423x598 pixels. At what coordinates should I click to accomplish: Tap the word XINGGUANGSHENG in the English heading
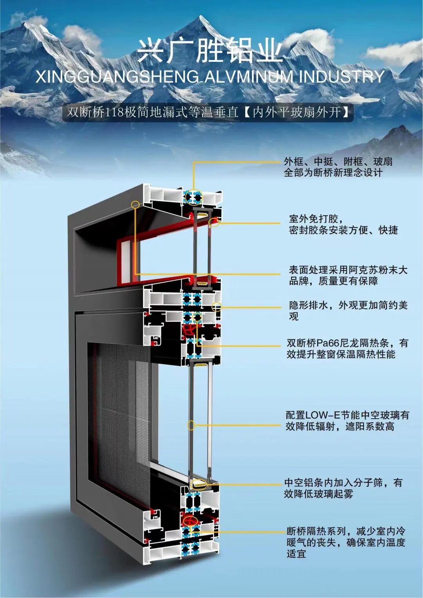click(x=117, y=77)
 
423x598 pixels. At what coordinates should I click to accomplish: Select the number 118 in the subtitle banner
click(x=115, y=113)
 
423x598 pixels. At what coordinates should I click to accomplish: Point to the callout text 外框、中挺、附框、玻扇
click(x=338, y=161)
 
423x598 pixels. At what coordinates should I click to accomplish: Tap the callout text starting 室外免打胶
click(x=316, y=219)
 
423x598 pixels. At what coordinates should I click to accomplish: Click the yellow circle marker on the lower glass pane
click(x=191, y=425)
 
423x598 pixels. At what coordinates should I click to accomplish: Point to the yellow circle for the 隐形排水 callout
click(x=216, y=307)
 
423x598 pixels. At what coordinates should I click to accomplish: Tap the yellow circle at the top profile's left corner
click(x=136, y=204)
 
